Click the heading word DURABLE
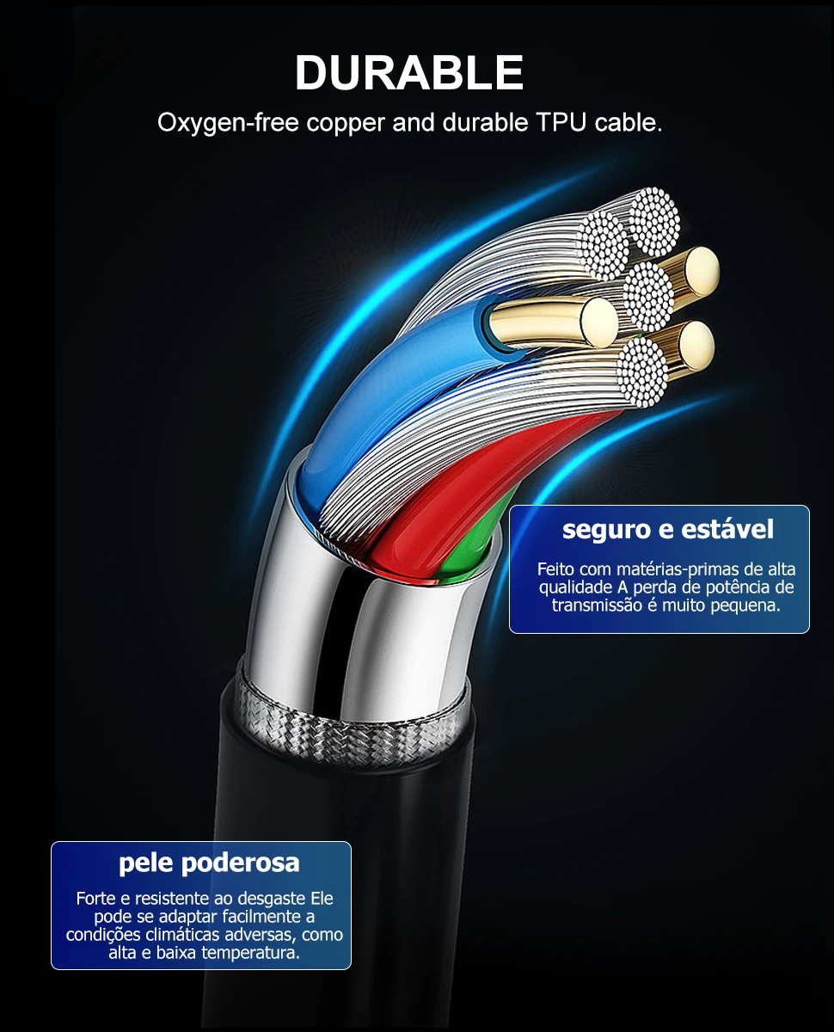[x=409, y=73]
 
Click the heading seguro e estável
[x=668, y=529]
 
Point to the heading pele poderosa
[x=209, y=863]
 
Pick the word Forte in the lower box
[x=95, y=899]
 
